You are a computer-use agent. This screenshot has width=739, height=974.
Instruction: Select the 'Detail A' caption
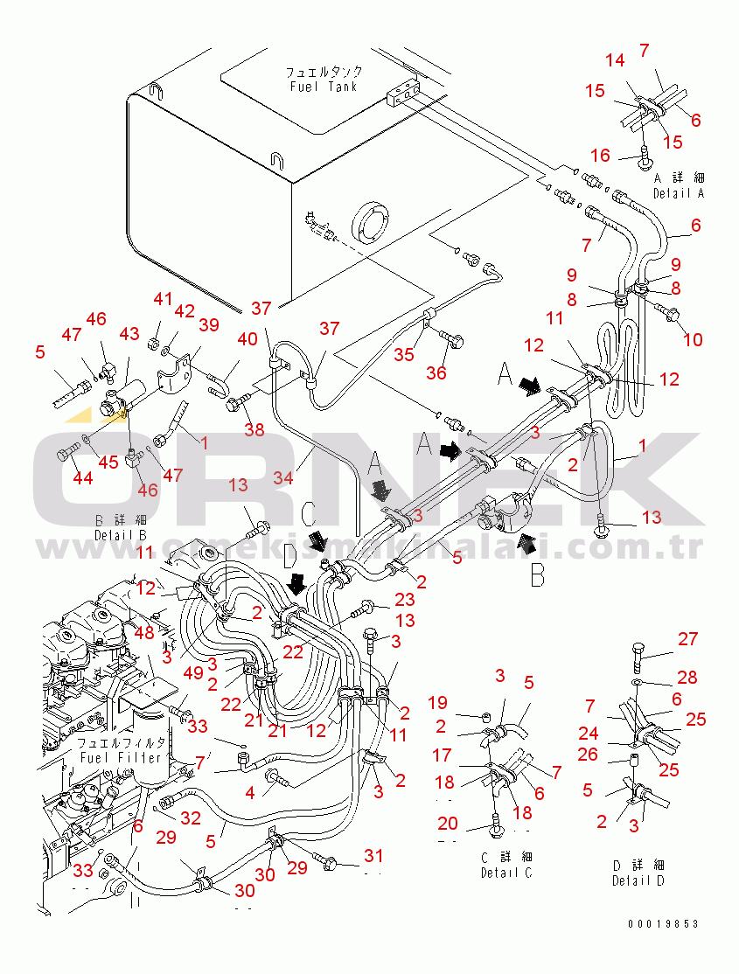click(679, 192)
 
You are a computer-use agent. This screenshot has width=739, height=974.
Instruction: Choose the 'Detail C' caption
click(506, 872)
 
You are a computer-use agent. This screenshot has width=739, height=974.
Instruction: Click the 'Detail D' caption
click(639, 880)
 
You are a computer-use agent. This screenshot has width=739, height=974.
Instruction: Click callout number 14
click(615, 60)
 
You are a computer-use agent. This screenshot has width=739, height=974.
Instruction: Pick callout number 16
click(600, 156)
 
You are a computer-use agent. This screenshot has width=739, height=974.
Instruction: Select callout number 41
click(164, 299)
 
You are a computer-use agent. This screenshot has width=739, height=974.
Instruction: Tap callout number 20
click(448, 823)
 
